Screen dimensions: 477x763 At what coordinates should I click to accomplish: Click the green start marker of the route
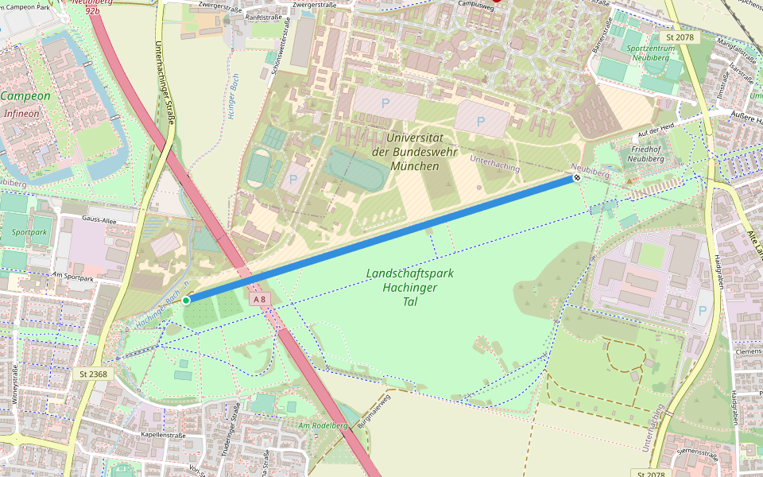point(186,300)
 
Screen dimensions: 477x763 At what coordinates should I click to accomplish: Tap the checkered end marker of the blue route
point(576,178)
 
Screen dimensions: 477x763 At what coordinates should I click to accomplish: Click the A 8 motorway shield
point(259,299)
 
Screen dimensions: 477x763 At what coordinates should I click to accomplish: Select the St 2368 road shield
point(93,373)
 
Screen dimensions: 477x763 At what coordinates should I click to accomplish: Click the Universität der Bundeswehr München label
point(404,152)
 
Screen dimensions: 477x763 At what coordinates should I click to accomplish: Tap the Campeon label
point(25,96)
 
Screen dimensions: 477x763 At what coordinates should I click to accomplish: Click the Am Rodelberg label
point(322,426)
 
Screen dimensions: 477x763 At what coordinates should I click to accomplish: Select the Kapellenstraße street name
point(162,435)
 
